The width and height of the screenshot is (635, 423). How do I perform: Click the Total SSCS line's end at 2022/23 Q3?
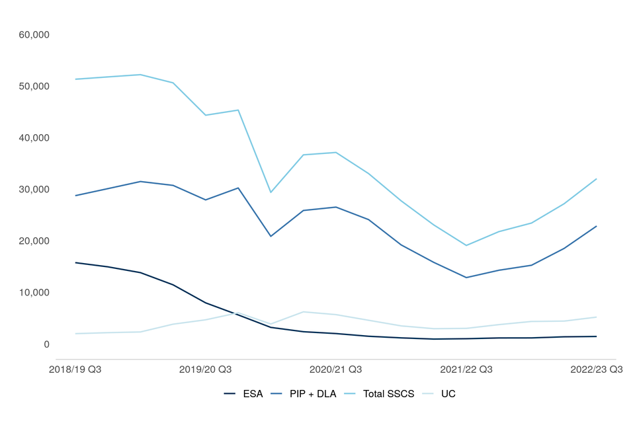(x=597, y=178)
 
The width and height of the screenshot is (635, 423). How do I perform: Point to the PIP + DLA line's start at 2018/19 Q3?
(x=75, y=196)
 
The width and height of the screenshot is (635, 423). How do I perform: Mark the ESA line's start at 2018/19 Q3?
(x=75, y=262)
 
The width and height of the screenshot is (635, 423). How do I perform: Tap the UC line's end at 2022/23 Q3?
(x=597, y=317)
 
